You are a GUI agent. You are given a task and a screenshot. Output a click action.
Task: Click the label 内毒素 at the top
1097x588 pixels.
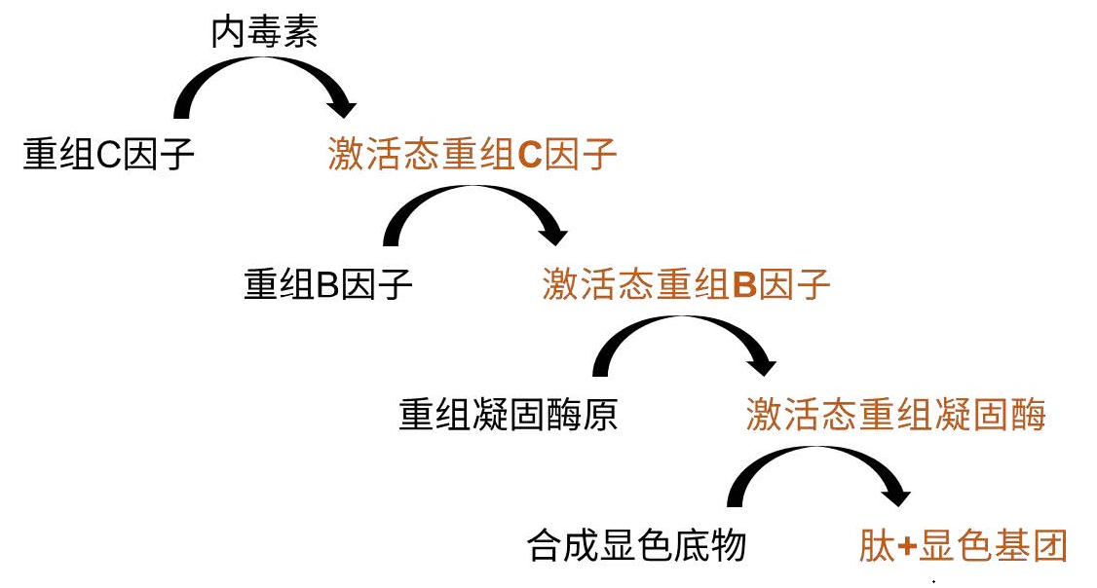(265, 34)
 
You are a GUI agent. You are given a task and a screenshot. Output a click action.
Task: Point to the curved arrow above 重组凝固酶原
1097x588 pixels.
(682, 336)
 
